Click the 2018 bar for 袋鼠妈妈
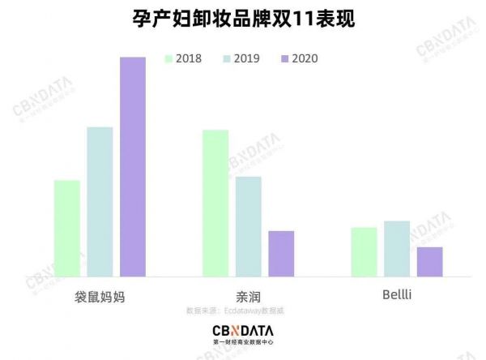tap(67, 228)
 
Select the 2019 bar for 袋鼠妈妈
tap(100, 202)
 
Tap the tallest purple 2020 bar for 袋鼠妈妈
tap(132, 167)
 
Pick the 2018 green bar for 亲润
tap(215, 204)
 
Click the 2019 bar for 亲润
tap(248, 226)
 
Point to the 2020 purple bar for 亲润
tap(281, 254)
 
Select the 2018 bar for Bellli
tap(364, 252)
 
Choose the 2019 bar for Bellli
tap(397, 249)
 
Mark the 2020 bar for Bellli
tap(429, 261)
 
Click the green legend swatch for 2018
tap(169, 58)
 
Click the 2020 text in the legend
tap(305, 58)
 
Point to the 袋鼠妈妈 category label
tap(99, 296)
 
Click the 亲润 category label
tap(247, 296)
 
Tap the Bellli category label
tap(397, 295)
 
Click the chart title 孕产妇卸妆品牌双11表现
tap(243, 18)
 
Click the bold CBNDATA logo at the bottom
tap(242, 331)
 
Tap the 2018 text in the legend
tap(190, 58)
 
